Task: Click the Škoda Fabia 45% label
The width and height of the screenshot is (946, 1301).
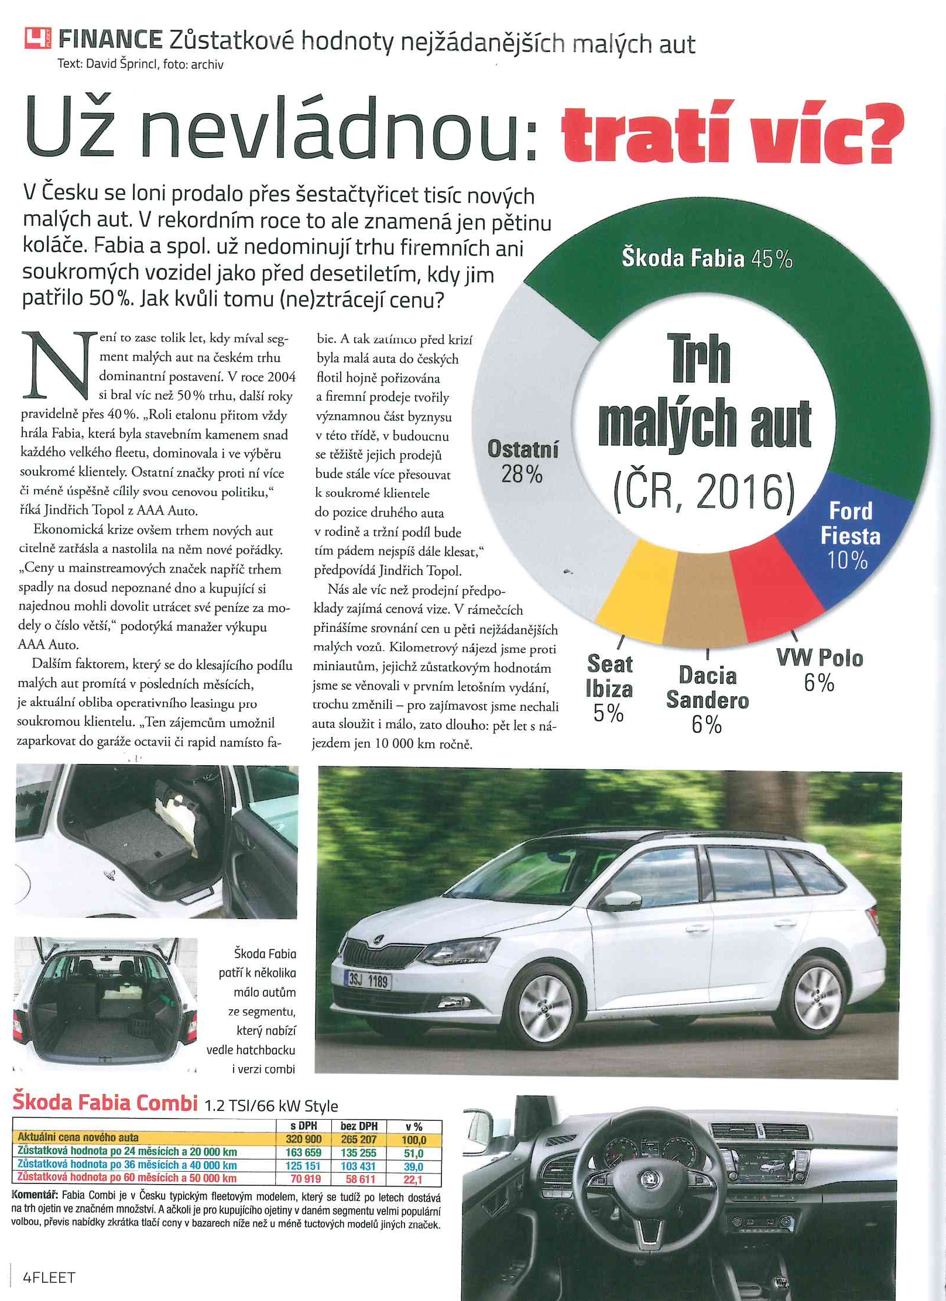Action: tap(707, 258)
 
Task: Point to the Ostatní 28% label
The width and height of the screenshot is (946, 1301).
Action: tap(523, 462)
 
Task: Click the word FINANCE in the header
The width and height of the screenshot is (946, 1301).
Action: tap(111, 40)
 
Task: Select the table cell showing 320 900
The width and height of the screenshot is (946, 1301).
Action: tap(304, 1139)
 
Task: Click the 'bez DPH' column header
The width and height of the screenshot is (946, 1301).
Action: tap(359, 1126)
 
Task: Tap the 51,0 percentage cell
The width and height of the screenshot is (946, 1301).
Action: tap(413, 1153)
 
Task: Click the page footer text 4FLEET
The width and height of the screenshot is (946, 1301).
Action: tap(49, 1277)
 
